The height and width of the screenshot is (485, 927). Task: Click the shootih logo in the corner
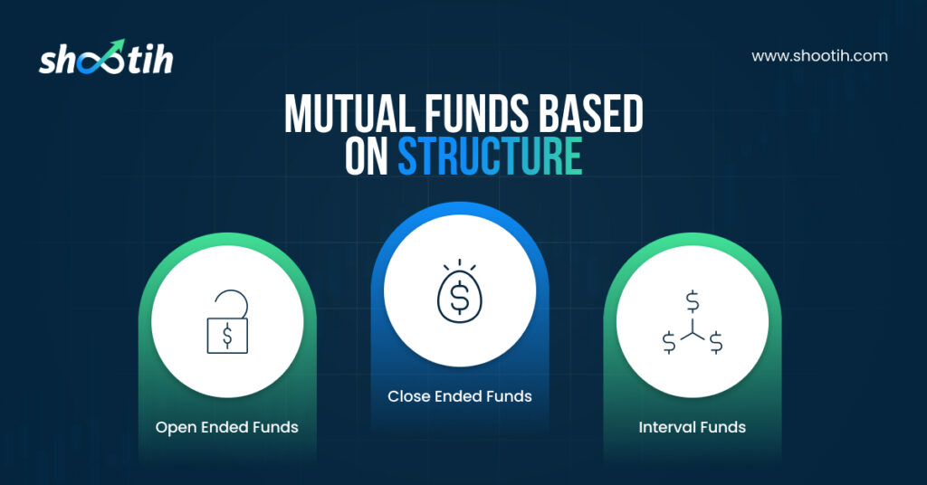click(106, 57)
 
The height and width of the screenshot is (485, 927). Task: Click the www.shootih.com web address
click(819, 56)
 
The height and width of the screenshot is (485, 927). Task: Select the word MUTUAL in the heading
click(349, 113)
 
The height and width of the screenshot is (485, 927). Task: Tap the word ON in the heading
click(367, 157)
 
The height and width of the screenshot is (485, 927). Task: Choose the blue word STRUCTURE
click(490, 157)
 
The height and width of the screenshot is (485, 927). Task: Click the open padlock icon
click(227, 322)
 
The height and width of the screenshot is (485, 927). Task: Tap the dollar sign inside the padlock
click(227, 336)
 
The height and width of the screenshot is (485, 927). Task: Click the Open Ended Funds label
click(227, 427)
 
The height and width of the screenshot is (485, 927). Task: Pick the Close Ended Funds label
click(460, 396)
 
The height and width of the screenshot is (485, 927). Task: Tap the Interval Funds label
click(693, 427)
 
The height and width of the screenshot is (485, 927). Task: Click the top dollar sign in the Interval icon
click(693, 302)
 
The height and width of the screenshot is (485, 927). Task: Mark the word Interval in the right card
click(666, 427)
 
